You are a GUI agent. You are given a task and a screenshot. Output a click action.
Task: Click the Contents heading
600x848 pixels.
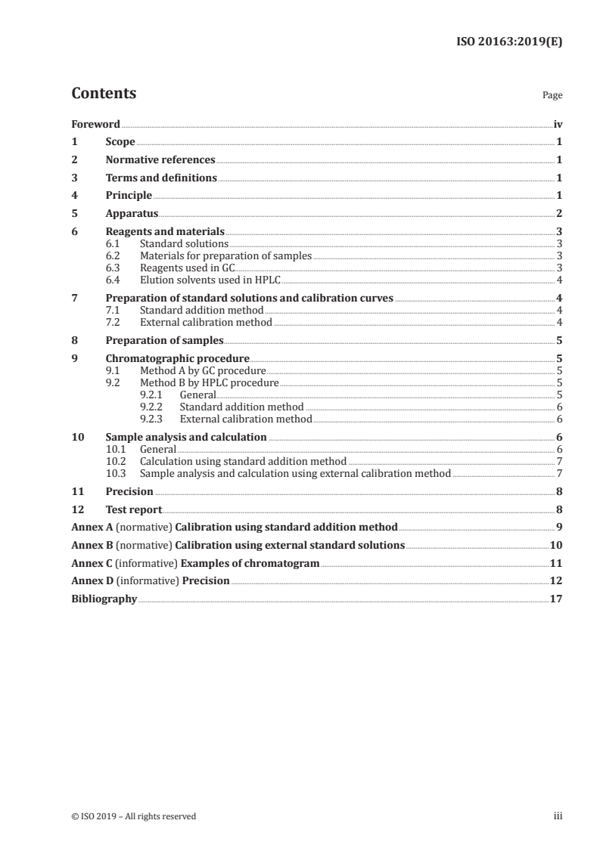point(104,94)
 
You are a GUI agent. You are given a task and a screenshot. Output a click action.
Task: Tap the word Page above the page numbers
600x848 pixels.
point(552,96)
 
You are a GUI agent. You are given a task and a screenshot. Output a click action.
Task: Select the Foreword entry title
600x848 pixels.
point(95,124)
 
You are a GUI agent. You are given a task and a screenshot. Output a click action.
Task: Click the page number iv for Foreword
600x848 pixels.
point(558,124)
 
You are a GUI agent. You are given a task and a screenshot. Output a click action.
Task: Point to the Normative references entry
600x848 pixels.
point(160,160)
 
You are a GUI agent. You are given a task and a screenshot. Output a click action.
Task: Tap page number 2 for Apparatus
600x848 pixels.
point(558,214)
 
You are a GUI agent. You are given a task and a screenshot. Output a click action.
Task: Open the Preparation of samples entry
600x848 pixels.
point(164,340)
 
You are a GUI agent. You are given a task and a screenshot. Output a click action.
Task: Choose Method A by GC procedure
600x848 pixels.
point(203,371)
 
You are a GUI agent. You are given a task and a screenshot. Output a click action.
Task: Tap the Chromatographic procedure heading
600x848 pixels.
point(177,359)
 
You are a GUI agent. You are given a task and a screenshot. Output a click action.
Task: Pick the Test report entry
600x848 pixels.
point(133,509)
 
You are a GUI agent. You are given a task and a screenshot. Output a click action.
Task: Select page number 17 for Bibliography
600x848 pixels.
point(556,599)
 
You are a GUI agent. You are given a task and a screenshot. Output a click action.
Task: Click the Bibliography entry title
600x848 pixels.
point(104,599)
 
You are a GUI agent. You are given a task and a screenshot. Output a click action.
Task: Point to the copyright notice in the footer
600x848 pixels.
point(133,816)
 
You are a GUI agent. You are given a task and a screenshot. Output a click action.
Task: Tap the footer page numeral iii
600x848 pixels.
point(558,816)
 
